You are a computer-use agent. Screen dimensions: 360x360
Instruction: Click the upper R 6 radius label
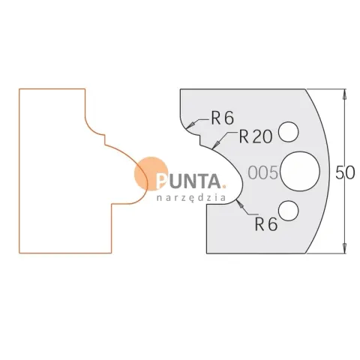223,118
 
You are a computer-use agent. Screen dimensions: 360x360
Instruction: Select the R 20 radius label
256,136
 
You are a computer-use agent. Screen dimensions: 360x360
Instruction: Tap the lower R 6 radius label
266,224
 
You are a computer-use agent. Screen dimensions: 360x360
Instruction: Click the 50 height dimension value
345,172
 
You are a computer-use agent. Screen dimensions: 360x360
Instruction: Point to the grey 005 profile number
263,172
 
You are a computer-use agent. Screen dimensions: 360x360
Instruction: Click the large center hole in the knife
300,171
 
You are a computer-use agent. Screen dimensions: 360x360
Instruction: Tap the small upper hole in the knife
289,132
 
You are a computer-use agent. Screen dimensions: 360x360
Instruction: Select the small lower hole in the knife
289,211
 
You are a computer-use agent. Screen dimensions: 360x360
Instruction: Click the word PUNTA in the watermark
188,181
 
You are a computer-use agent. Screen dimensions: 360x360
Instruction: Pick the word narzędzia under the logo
191,198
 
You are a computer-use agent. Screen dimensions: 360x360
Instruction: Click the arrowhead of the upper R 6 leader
190,125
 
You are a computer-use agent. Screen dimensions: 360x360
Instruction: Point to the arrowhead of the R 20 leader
217,144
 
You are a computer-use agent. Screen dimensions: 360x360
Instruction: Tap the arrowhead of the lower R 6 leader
240,204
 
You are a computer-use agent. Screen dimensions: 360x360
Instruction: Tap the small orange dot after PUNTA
224,186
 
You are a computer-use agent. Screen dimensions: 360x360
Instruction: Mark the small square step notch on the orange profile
105,139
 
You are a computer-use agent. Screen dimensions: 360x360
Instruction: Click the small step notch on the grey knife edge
200,140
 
